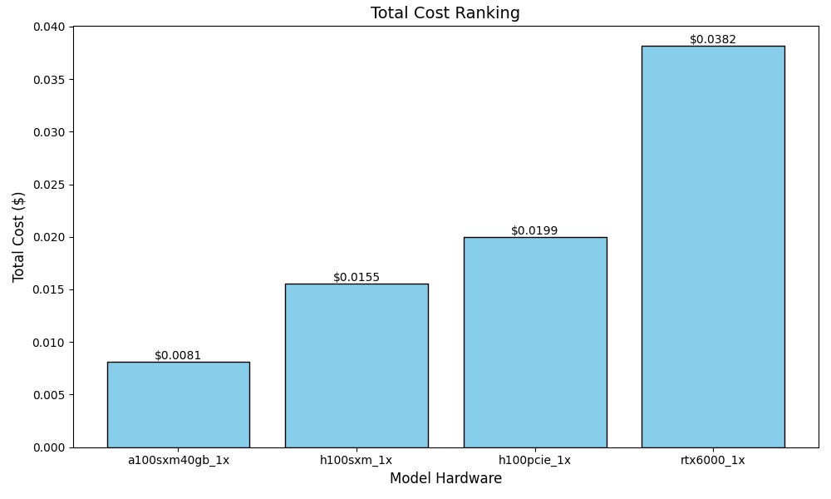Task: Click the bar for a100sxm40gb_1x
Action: (178, 405)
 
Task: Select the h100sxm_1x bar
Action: (356, 366)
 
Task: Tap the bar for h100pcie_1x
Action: (534, 343)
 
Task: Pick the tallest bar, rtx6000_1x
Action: (713, 247)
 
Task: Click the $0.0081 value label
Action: (178, 355)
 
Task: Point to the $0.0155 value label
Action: (356, 277)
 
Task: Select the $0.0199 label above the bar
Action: (534, 230)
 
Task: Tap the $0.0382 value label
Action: (713, 39)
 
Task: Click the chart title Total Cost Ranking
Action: (445, 13)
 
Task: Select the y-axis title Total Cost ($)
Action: (18, 237)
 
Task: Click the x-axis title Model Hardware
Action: (445, 479)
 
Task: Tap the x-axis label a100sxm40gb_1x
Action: (178, 460)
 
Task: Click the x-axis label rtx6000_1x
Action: (713, 460)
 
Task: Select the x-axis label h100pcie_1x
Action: (534, 460)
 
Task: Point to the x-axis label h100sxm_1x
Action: (356, 460)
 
